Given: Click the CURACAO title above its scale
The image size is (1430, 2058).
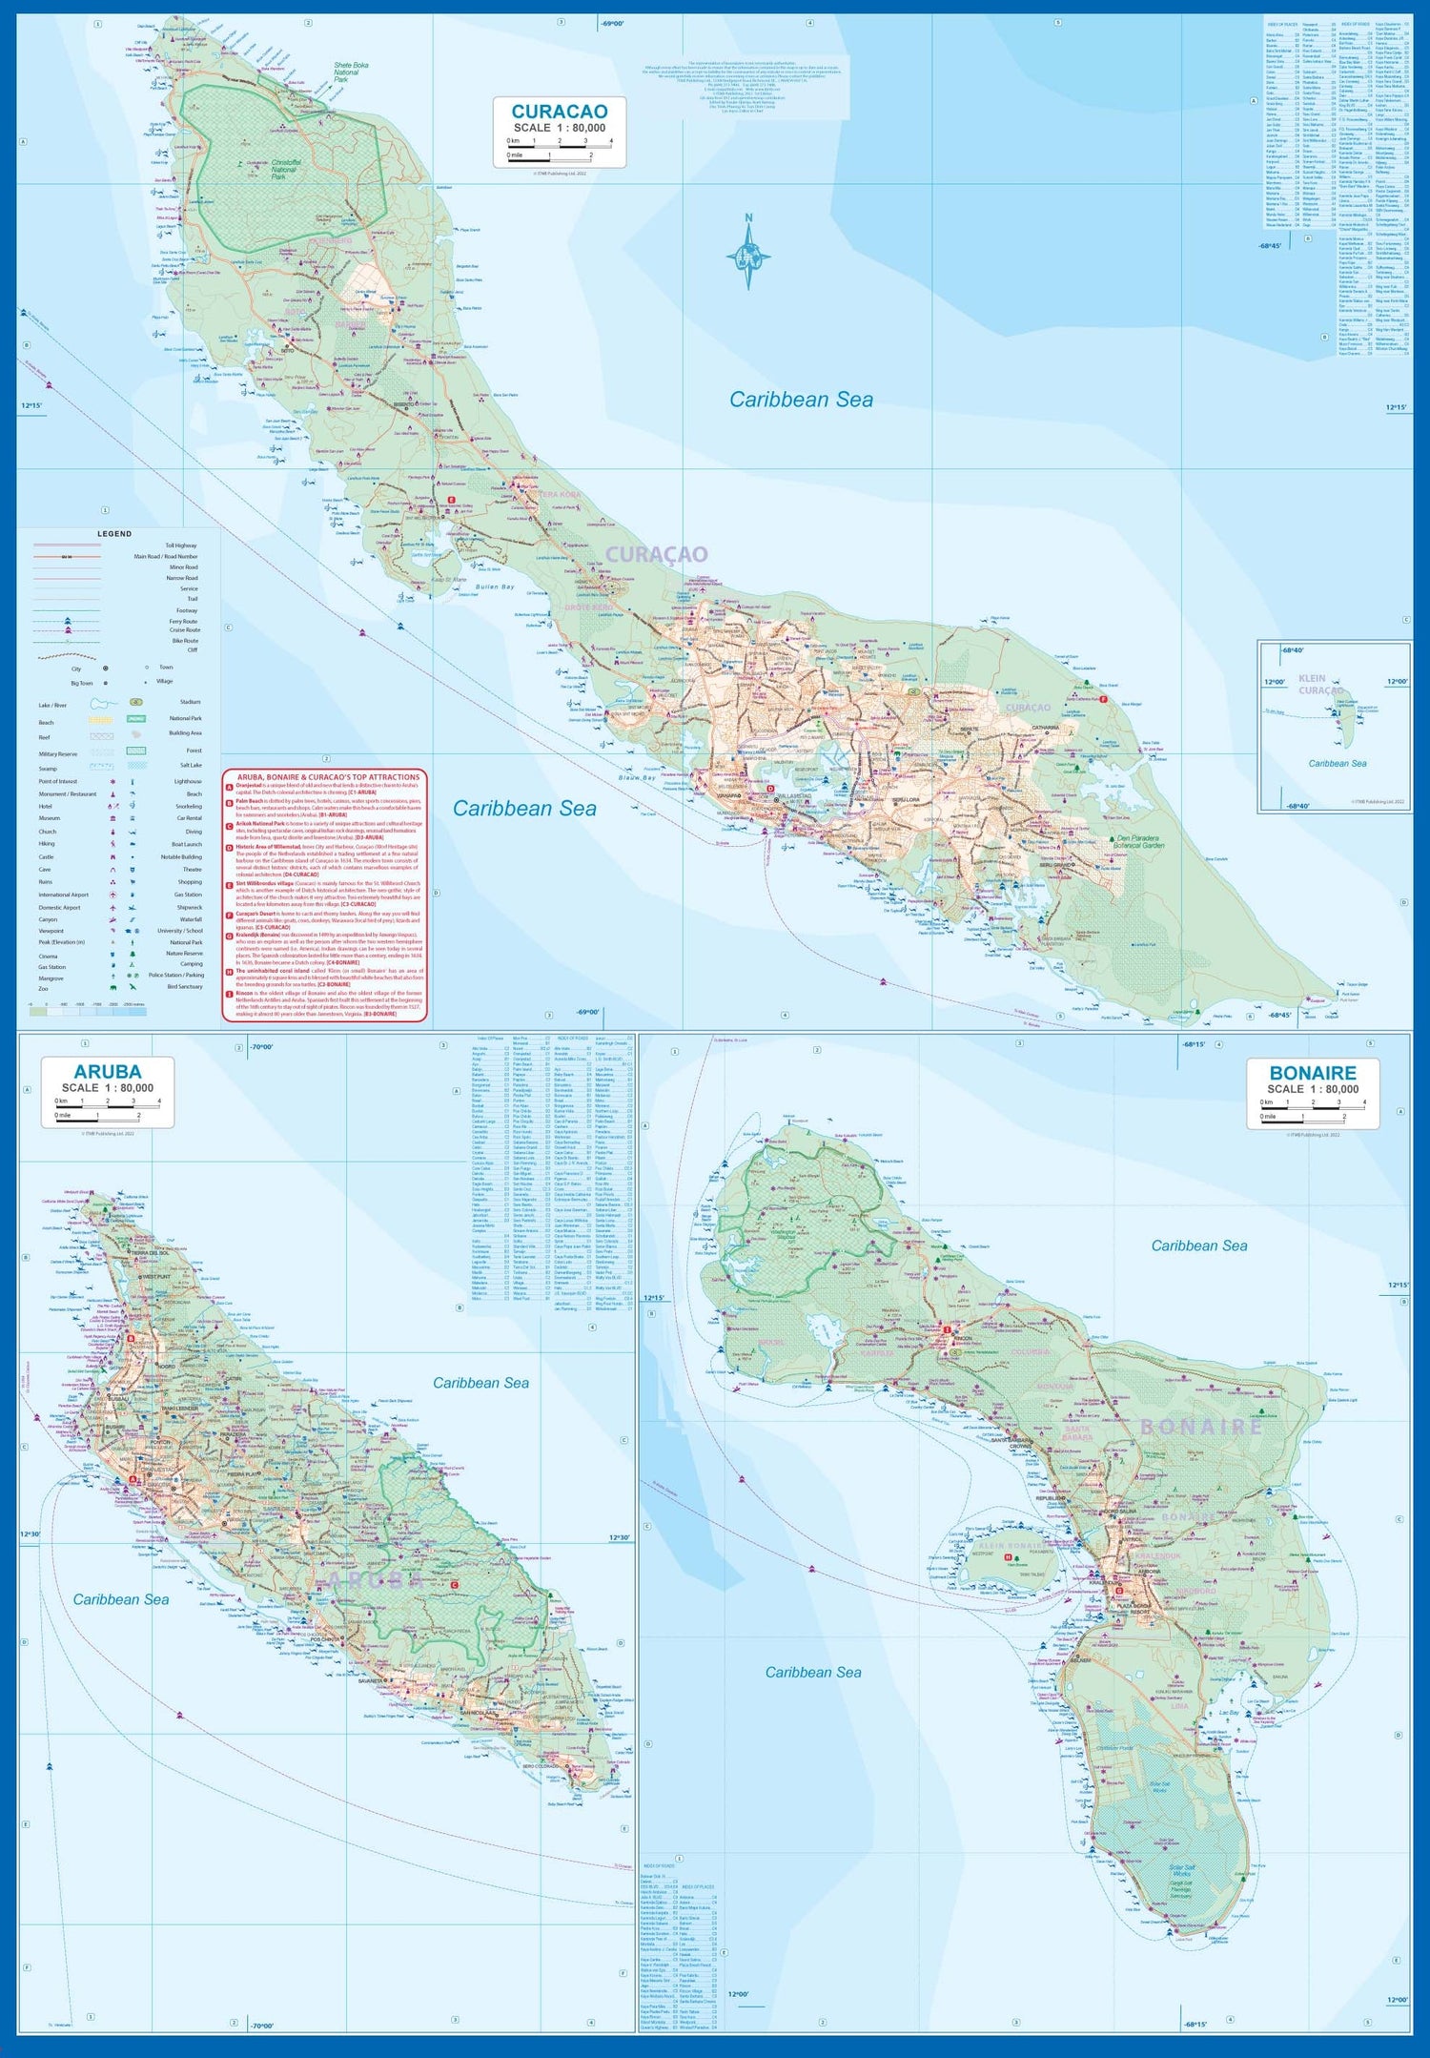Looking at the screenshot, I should click(559, 112).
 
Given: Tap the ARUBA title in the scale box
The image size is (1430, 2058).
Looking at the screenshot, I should click(107, 1071).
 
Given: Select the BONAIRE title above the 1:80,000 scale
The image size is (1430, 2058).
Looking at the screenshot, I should click(1312, 1073).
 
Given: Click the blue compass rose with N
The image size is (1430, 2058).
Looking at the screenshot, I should click(749, 255).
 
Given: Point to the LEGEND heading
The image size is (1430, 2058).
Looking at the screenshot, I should click(114, 534).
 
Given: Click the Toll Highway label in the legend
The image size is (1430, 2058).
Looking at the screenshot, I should click(180, 545).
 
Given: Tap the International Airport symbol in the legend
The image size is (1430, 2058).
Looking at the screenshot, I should click(112, 895).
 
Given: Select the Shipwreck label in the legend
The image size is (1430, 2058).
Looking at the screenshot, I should click(189, 907).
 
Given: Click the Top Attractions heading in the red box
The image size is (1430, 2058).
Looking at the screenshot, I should click(328, 777).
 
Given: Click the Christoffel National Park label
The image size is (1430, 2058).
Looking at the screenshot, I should click(286, 170).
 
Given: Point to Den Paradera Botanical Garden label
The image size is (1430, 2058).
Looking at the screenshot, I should click(1140, 841).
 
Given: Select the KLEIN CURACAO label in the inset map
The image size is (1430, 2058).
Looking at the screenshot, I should click(1320, 685).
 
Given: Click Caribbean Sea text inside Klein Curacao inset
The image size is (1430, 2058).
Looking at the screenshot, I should click(1337, 763).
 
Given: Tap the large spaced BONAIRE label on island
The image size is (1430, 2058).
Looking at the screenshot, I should click(1201, 1428).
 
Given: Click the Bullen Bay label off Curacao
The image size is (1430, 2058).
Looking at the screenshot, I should click(495, 587).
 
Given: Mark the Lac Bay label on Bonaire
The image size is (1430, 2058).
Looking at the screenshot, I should click(1229, 1713).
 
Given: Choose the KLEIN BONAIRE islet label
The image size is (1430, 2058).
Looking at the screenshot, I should click(1011, 1545).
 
